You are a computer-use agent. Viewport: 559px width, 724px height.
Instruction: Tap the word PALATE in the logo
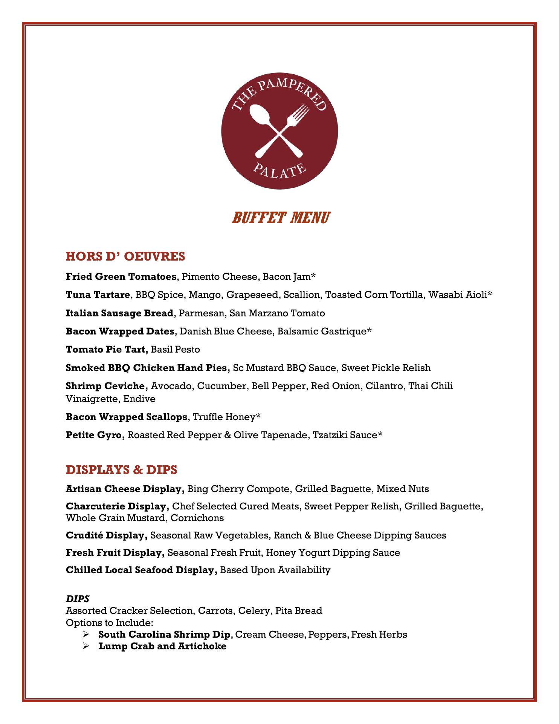click(x=279, y=171)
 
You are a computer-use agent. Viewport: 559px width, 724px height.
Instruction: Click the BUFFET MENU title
click(x=280, y=218)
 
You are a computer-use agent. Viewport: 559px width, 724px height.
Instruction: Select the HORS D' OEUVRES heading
click(x=125, y=256)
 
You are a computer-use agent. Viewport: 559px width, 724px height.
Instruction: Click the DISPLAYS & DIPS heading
click(x=121, y=469)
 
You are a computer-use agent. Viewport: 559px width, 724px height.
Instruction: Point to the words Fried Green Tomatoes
click(x=121, y=277)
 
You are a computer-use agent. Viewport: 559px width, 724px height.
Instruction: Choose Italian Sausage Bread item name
click(x=119, y=313)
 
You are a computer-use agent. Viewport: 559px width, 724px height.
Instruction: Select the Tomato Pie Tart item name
click(x=107, y=350)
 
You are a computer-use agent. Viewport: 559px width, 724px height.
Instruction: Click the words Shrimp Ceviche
click(x=107, y=386)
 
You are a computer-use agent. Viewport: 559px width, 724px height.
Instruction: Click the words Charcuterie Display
click(x=117, y=506)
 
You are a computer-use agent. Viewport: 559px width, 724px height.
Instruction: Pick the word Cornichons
click(x=197, y=518)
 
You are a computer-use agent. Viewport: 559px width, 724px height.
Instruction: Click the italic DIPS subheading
click(x=78, y=598)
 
